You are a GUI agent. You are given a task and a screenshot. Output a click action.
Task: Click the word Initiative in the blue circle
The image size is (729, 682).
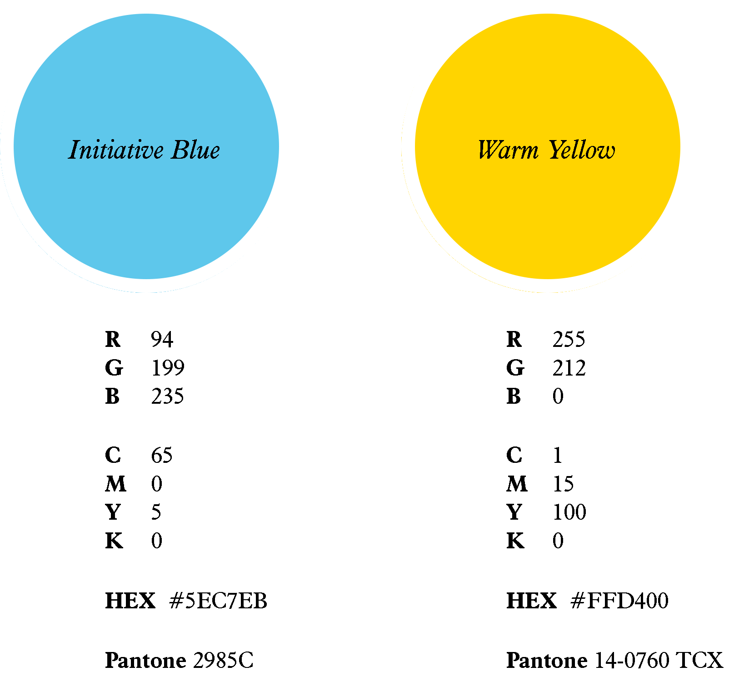click(116, 150)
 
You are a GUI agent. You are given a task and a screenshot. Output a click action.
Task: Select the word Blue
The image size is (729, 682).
click(195, 150)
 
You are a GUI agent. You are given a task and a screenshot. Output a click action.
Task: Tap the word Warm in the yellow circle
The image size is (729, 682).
click(508, 150)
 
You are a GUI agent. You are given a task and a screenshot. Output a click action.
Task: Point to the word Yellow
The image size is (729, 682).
click(582, 150)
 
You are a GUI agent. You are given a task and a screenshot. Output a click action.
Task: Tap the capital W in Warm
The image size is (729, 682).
click(490, 150)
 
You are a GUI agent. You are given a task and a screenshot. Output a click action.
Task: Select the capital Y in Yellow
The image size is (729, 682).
click(557, 150)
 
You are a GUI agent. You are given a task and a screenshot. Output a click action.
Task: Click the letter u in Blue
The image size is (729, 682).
click(201, 152)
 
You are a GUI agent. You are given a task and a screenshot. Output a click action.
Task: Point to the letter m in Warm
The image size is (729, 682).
click(529, 152)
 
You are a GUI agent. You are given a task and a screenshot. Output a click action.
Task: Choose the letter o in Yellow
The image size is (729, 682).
click(594, 152)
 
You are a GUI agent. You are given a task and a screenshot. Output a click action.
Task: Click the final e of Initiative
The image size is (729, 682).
click(157, 152)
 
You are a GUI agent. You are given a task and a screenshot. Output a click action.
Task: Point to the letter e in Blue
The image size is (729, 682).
click(214, 152)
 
